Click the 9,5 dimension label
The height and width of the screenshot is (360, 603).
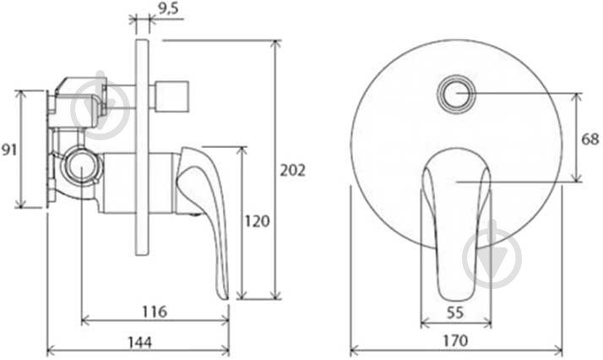168,8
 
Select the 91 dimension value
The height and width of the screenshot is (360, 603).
9,150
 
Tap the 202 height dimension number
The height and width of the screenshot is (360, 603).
293,170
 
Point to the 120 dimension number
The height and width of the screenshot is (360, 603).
258,221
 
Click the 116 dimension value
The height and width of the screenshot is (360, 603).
155,312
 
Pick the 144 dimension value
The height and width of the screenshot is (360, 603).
139,342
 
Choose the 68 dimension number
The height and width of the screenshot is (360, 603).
589,139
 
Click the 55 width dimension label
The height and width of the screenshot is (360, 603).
455,313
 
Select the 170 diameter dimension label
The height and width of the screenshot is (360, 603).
455,341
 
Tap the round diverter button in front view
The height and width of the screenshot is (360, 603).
457,94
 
